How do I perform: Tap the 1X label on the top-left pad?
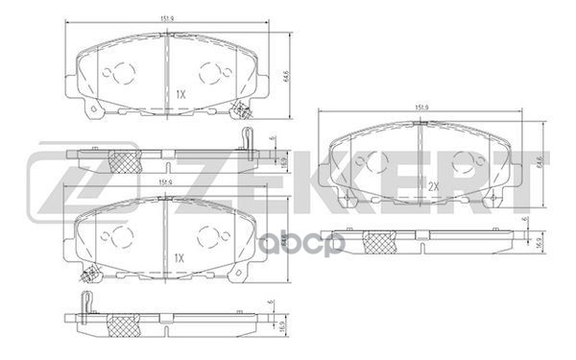click(x=180, y=94)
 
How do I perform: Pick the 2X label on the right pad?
click(x=432, y=185)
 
